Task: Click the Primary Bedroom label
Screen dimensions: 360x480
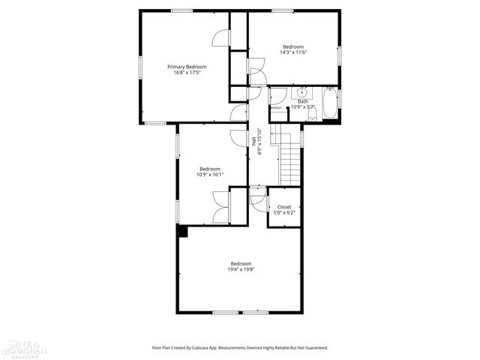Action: click(187, 67)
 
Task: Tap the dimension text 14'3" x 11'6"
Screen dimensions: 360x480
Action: click(293, 52)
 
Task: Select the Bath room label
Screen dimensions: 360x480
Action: click(303, 101)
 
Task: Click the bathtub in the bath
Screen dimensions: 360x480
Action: click(330, 104)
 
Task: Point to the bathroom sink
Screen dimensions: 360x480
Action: click(302, 93)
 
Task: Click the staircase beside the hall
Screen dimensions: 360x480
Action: click(289, 156)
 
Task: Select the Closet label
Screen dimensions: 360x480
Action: click(284, 207)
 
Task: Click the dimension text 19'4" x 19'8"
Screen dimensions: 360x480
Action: click(241, 269)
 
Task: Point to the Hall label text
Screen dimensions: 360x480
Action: click(254, 141)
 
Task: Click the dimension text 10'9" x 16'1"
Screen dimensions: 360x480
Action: click(210, 175)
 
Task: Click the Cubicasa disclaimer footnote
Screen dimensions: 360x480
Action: click(240, 348)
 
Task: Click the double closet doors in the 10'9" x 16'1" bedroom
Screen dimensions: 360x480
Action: click(222, 207)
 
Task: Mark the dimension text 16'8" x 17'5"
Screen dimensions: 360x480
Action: click(187, 73)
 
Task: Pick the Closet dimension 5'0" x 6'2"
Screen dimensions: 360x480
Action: click(284, 213)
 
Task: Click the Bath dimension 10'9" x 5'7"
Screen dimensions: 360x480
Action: click(303, 107)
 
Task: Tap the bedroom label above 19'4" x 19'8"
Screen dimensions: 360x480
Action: click(241, 263)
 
